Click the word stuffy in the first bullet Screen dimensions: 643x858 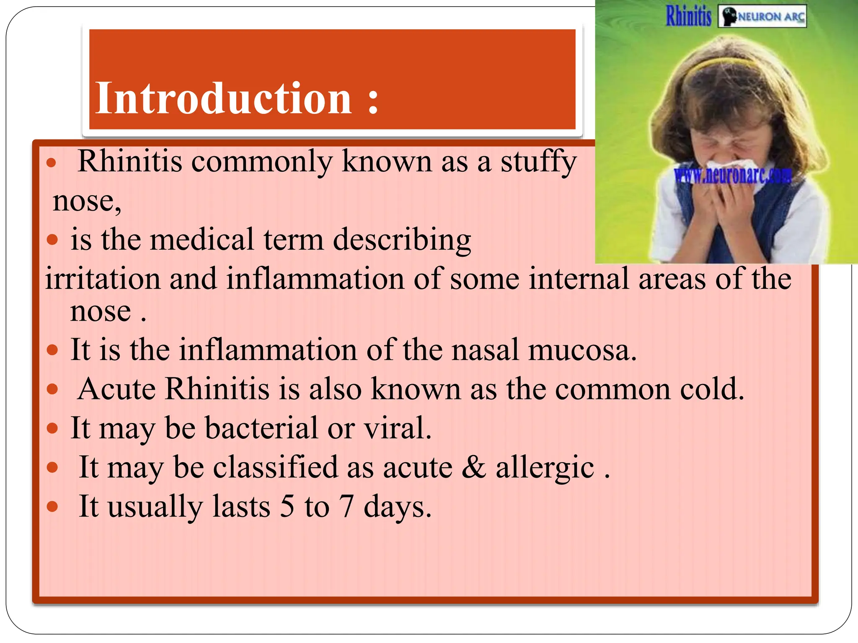[x=539, y=162]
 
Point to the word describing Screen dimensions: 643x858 [x=402, y=240]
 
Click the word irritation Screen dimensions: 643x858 [x=103, y=278]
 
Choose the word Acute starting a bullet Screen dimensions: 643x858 [x=116, y=389]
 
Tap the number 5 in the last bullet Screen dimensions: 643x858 [x=287, y=507]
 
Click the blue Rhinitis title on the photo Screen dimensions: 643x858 [x=689, y=16]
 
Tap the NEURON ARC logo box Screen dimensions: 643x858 [x=762, y=17]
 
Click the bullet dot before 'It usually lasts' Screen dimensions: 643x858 [x=52, y=507]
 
